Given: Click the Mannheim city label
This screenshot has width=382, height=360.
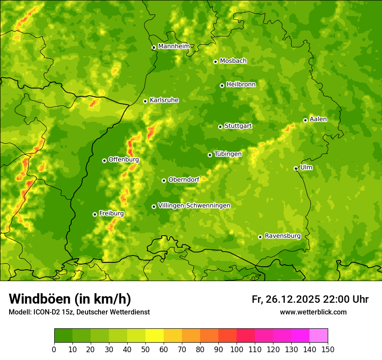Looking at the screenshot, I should coord(174,46).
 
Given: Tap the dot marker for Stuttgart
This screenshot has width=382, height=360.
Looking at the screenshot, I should coord(220,127).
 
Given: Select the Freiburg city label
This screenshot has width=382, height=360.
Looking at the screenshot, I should coord(111,213).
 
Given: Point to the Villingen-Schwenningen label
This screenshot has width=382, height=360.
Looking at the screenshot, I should coord(194,206).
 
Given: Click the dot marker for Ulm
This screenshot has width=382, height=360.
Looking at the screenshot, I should coord(296,168).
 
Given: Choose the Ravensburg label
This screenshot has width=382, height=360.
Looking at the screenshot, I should coord(282,236).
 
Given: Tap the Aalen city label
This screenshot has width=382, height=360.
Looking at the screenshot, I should coord(318,119).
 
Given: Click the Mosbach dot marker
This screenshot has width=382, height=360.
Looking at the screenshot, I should coord(215,62).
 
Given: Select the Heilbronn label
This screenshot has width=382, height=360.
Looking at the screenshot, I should coord(241,85).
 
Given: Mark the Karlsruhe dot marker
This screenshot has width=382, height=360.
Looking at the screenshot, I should coord(145,101).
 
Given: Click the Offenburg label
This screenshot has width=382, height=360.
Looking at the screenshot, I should coord(123,160).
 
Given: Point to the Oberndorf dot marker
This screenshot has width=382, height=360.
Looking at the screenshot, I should coord(164,180).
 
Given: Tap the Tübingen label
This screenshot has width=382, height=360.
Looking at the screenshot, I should coord(227,154).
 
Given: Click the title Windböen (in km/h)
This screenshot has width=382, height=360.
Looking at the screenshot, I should coord(69,299).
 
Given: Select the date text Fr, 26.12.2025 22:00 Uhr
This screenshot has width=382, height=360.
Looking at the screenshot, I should coord(310,299).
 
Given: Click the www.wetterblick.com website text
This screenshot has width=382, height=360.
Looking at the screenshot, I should coord(313,312).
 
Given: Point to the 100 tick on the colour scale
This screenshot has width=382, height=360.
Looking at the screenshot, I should coord(237,349).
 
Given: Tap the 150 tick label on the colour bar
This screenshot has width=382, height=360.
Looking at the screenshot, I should coord(328,349).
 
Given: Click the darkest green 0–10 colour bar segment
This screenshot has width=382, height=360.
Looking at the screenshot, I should coord(63,335).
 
